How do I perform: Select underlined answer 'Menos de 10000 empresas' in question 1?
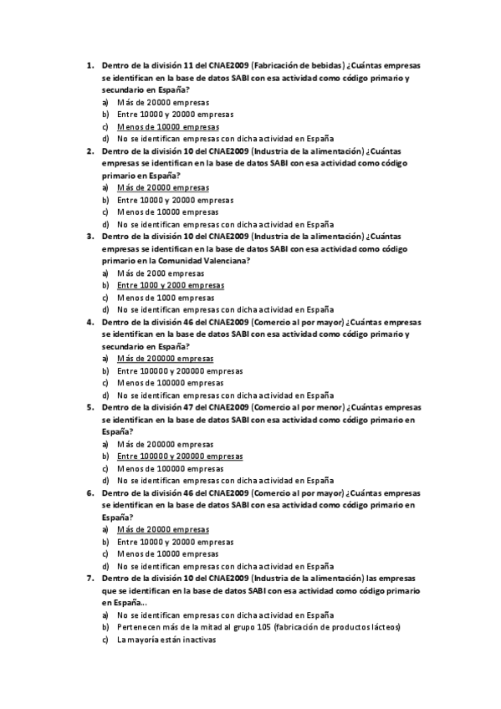(162, 126)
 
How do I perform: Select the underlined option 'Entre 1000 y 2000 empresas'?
(171, 285)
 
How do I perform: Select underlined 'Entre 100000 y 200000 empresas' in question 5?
(180, 457)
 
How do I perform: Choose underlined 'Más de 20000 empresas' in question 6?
(162, 530)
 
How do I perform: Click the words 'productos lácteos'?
(366, 627)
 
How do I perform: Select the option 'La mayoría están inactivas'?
(166, 640)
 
